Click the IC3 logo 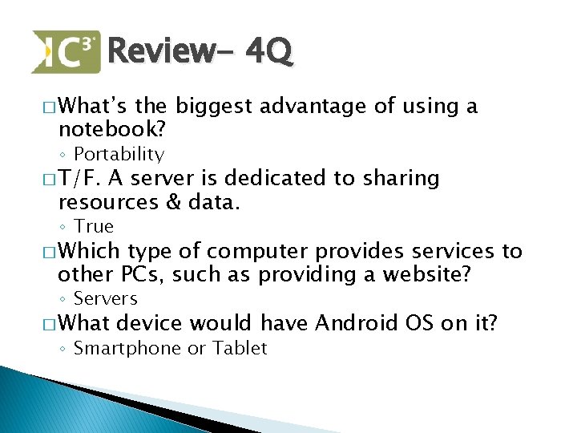pos(66,52)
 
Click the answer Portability pos(119,154)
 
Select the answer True pos(94,226)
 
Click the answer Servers pos(106,298)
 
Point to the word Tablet pos(242,347)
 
